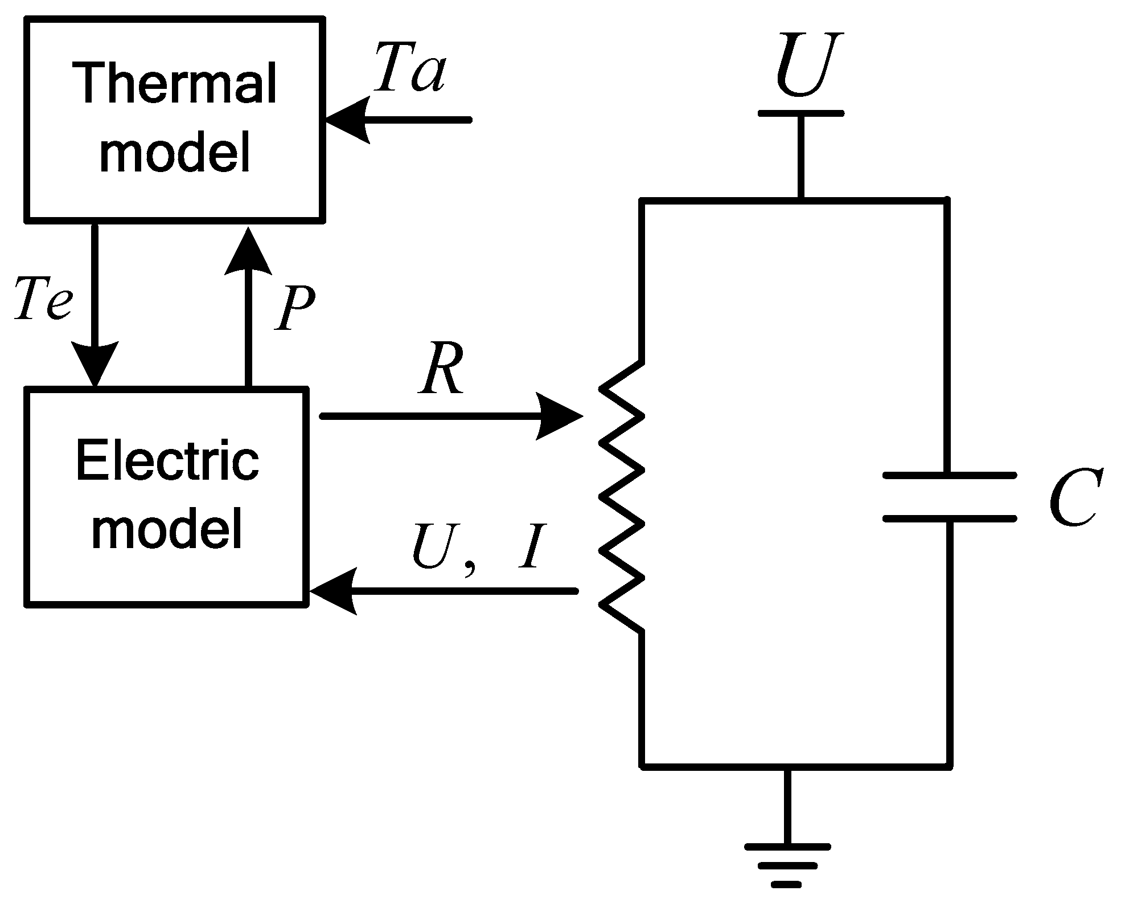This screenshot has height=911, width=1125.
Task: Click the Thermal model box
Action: click(x=175, y=119)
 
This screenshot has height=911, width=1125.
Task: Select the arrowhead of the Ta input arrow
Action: click(x=348, y=120)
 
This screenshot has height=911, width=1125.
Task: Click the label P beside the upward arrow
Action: click(x=295, y=308)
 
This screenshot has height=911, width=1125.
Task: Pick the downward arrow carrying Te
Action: click(x=95, y=302)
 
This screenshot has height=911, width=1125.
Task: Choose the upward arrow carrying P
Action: click(x=248, y=308)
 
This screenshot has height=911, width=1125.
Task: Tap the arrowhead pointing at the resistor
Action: click(x=558, y=416)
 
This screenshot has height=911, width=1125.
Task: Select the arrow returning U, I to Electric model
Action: click(x=444, y=591)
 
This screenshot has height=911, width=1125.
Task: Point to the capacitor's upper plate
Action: click(x=949, y=475)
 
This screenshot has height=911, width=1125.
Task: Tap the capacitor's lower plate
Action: click(x=949, y=518)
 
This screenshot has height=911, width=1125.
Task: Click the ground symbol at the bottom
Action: click(x=788, y=863)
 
